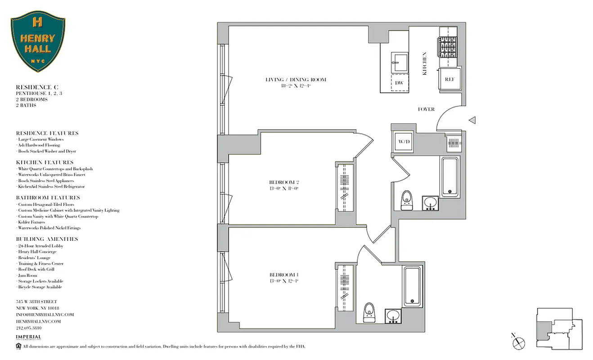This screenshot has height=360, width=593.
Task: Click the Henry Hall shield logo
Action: coord(38,41)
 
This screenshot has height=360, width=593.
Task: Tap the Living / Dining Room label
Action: coord(295,80)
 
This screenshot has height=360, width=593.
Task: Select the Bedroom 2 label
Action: coord(283,182)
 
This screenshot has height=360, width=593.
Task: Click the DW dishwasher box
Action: coord(399,83)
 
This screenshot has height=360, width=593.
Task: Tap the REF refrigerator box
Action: coord(450,79)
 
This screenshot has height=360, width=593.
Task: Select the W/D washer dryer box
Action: coord(403,142)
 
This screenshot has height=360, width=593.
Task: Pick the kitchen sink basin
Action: coord(399,62)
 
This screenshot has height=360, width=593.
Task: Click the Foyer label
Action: coord(426,109)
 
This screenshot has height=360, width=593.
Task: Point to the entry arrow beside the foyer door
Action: coord(472,120)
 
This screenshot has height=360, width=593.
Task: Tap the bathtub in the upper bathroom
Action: coord(450,176)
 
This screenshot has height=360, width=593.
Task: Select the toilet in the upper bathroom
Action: coord(407,199)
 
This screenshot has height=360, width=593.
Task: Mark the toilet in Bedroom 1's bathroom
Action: coord(369,310)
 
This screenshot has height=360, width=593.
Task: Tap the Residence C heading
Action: coord(37,87)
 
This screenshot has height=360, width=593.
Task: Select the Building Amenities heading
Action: coord(47,239)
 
